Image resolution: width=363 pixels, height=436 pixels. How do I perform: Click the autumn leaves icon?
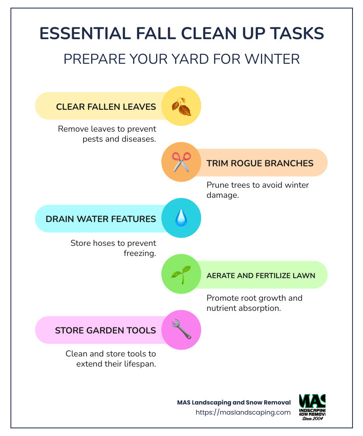(x=181, y=106)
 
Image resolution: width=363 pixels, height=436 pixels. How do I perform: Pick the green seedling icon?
(x=181, y=274)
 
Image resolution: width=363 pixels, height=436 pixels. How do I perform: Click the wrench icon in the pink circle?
(x=181, y=329)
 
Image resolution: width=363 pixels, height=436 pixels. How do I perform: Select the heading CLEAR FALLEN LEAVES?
(x=106, y=107)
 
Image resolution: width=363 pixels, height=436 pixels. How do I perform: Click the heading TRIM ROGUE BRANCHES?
(x=260, y=163)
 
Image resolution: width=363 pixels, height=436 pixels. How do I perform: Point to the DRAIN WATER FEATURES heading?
(x=101, y=219)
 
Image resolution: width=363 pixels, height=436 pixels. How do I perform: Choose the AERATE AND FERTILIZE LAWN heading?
(x=261, y=275)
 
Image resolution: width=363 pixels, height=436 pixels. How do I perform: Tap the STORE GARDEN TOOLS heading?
(x=105, y=331)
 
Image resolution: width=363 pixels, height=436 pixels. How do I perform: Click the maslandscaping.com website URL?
(x=243, y=412)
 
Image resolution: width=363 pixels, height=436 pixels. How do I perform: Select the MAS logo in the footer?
(x=313, y=407)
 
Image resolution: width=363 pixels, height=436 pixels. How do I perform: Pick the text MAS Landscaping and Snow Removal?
(x=234, y=402)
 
